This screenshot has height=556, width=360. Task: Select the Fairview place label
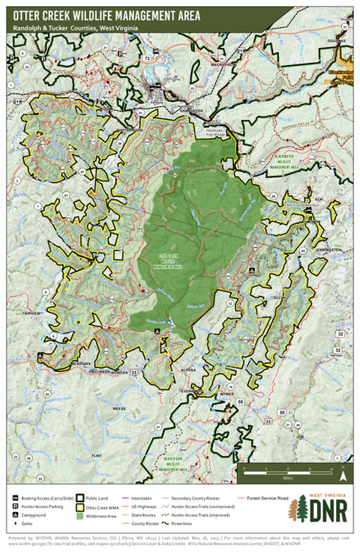[x=32, y=311]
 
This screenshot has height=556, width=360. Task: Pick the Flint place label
[x=95, y=455]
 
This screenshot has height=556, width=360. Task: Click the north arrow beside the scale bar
[x=342, y=473]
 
